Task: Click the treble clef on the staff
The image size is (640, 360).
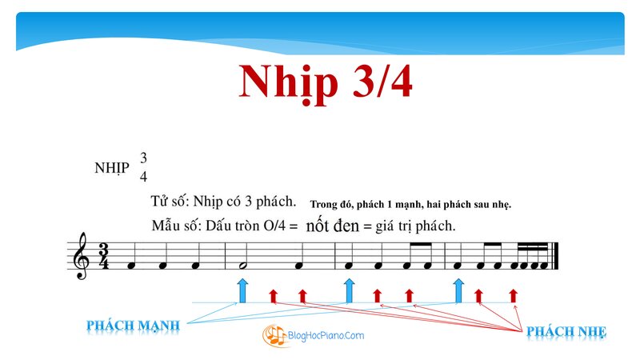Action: coord(81,256)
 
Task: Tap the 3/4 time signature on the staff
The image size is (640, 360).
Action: coord(104,256)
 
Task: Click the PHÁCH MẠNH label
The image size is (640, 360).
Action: coord(133,326)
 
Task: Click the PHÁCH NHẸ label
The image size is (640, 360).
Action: coord(566,331)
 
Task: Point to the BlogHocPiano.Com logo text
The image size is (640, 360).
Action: coord(326,335)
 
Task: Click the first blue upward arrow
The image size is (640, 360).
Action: coord(242,290)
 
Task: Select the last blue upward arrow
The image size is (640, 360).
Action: coord(458,290)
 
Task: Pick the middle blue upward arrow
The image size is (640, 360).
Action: coord(349,290)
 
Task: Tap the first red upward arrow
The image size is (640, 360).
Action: coord(273,295)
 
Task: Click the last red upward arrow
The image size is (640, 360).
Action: coord(513,295)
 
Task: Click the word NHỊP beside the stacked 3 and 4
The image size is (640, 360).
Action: coord(112,168)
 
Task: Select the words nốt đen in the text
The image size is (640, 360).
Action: coord(332,226)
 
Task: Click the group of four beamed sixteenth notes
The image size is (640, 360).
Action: coord(529,256)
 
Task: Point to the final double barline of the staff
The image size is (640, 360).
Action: coord(554,256)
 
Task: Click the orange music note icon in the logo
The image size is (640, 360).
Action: coord(274,335)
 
